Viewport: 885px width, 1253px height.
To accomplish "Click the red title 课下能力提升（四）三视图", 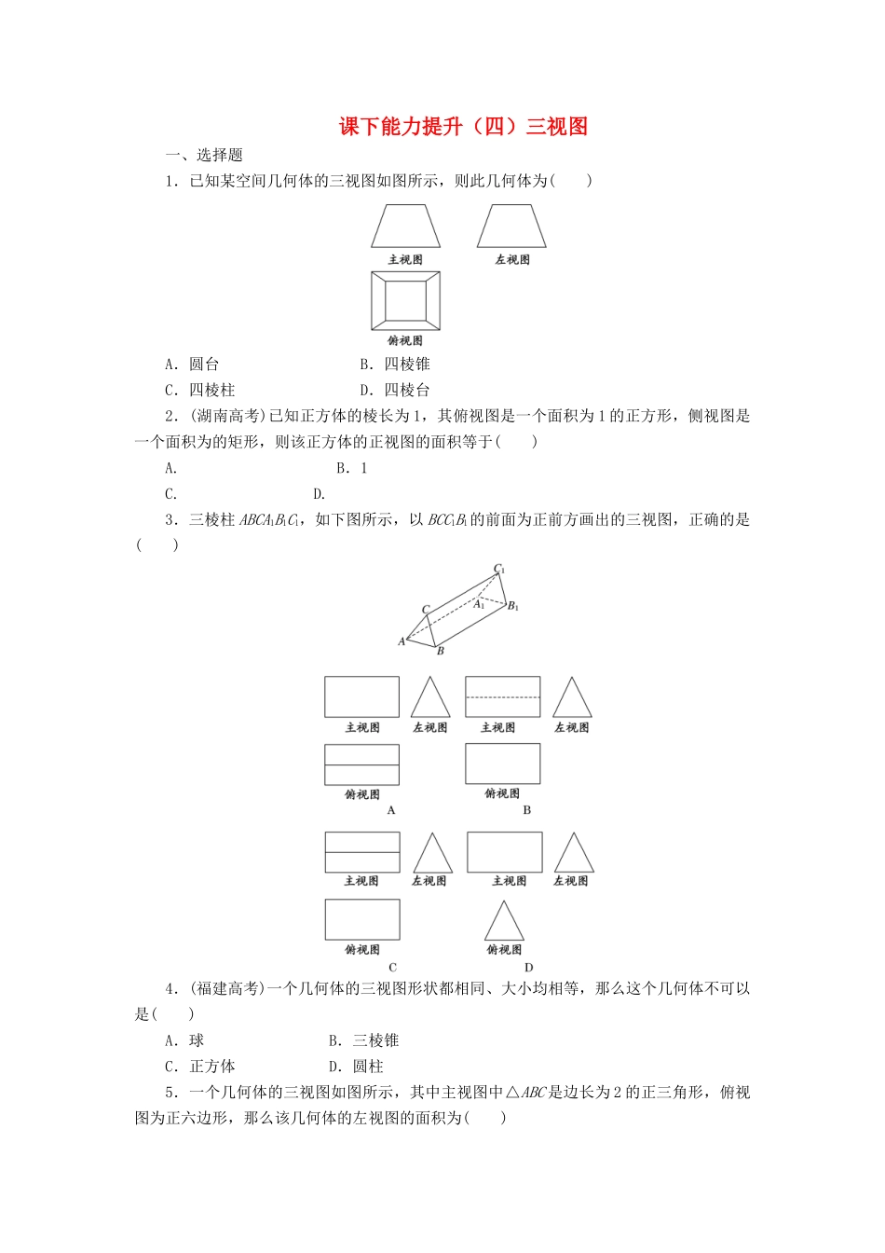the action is click(x=463, y=127).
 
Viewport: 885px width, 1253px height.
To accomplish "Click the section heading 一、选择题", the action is click(x=204, y=156).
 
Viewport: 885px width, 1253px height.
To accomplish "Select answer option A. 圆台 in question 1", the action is click(x=192, y=365).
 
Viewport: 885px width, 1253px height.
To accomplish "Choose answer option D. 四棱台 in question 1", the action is click(x=395, y=391).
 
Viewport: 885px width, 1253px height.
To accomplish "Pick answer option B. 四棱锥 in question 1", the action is click(x=395, y=365).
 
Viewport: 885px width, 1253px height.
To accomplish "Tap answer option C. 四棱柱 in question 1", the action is click(x=199, y=391).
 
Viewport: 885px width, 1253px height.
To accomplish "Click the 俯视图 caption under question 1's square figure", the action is click(x=405, y=341).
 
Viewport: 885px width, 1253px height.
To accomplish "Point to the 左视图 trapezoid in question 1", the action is click(x=511, y=227).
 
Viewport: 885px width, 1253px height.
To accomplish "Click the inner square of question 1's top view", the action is click(x=405, y=301).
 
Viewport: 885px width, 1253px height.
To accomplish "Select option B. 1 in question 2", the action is click(x=352, y=468).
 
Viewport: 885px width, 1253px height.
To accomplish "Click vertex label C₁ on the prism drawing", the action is click(x=499, y=569).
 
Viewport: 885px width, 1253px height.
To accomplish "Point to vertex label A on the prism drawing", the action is click(x=402, y=641).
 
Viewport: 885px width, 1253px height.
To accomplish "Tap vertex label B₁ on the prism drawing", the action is click(x=512, y=606).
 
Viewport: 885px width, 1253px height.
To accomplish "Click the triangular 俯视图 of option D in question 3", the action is click(x=504, y=922).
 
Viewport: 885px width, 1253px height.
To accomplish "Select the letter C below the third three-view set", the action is click(x=392, y=968).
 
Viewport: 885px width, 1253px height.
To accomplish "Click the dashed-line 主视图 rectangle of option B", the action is click(x=502, y=696).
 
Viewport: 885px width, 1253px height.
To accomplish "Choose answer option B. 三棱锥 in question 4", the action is click(x=363, y=1040).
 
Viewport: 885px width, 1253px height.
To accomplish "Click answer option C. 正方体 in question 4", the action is click(x=199, y=1067).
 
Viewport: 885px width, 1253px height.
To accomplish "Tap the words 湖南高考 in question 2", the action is click(x=230, y=417).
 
